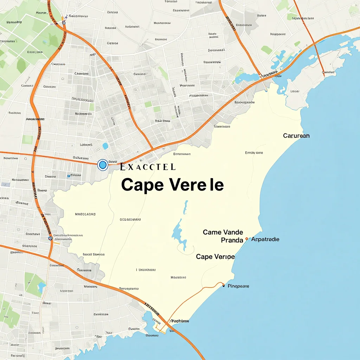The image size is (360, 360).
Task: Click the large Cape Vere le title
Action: click(x=172, y=185)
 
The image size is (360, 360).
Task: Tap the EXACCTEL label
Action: click(x=148, y=167)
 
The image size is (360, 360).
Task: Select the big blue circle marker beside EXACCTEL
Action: click(x=103, y=165)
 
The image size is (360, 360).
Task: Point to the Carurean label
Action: click(x=296, y=136)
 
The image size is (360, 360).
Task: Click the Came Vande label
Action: click(x=223, y=232)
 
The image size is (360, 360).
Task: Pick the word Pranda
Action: click(x=232, y=240)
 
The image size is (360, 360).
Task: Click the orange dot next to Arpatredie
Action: click(x=247, y=239)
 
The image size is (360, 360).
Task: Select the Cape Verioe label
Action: click(x=215, y=257)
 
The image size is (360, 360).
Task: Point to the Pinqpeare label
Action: click(x=238, y=286)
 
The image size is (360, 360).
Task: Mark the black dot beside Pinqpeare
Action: click(x=224, y=286)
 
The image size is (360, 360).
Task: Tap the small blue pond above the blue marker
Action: click(x=105, y=146)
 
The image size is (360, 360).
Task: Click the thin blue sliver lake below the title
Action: click(x=185, y=207)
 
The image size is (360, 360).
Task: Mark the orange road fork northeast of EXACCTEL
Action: click(x=152, y=149)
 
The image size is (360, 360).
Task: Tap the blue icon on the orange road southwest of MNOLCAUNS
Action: click(x=50, y=238)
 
